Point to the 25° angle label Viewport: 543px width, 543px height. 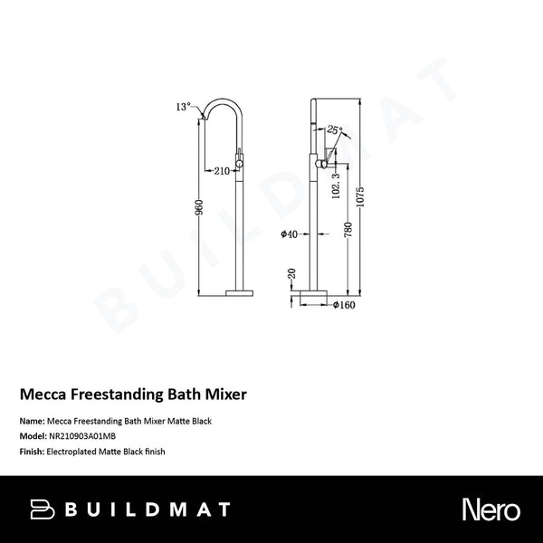click(x=335, y=131)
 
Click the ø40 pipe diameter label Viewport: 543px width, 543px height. click(x=290, y=233)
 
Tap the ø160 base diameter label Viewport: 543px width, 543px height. click(x=343, y=305)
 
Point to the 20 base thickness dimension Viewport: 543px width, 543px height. click(x=290, y=272)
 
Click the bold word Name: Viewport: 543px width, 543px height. click(x=32, y=422)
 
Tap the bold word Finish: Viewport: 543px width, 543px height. click(x=33, y=451)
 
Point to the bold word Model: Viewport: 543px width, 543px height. click(x=33, y=436)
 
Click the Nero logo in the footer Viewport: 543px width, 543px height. click(x=491, y=510)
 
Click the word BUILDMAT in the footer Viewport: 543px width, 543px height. click(x=148, y=510)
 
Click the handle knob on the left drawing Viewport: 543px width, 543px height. click(x=240, y=164)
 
